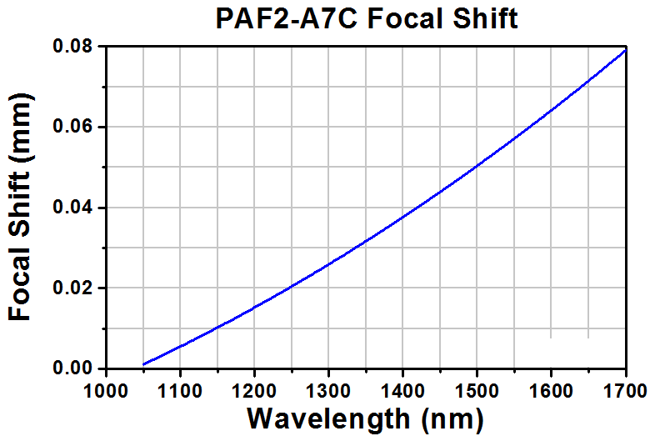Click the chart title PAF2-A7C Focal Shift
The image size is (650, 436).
click(x=367, y=18)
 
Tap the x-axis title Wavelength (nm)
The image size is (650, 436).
click(x=365, y=419)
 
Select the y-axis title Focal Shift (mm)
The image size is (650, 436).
click(x=19, y=208)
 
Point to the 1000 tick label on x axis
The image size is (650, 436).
click(x=106, y=391)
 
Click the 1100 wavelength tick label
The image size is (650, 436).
click(x=180, y=391)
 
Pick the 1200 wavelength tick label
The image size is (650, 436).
click(x=254, y=391)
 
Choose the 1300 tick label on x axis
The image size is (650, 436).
click(x=328, y=391)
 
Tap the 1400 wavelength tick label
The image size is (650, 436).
click(x=402, y=391)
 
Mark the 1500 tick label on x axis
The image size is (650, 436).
click(x=477, y=391)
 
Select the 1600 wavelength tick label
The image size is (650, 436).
click(x=551, y=391)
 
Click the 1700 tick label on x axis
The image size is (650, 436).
click(x=625, y=391)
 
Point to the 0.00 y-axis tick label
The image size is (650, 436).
click(x=73, y=368)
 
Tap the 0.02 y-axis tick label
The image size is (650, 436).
click(x=73, y=288)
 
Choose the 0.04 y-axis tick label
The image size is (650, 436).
click(x=73, y=207)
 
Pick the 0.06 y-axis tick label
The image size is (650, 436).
click(x=73, y=126)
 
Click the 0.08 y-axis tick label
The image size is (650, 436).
click(x=73, y=46)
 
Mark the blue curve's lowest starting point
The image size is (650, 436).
click(x=143, y=364)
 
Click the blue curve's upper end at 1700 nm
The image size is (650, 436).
click(x=625, y=50)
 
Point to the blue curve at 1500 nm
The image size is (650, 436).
click(x=477, y=166)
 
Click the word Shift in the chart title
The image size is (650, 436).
click(x=486, y=18)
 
